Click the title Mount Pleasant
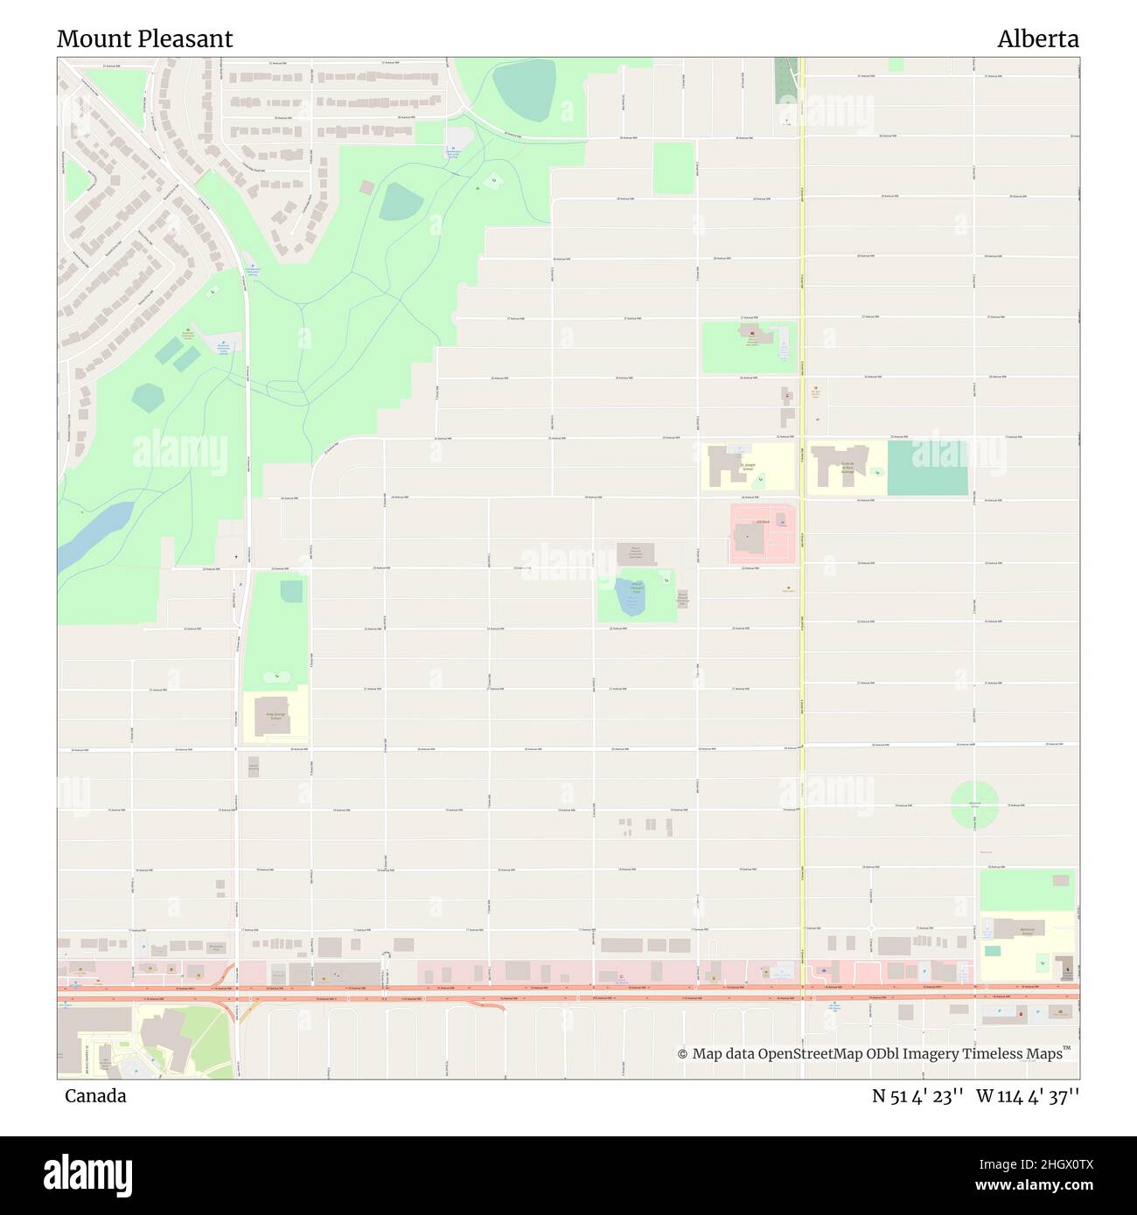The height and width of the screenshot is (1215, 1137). (144, 39)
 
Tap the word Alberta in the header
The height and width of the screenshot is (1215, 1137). (1037, 39)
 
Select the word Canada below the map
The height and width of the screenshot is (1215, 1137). (94, 1096)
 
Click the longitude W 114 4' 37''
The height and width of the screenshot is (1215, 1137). (1029, 1096)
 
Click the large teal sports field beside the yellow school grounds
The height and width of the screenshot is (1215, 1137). (927, 468)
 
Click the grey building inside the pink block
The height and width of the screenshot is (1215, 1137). (748, 536)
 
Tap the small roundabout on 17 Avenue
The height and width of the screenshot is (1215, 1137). (871, 928)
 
